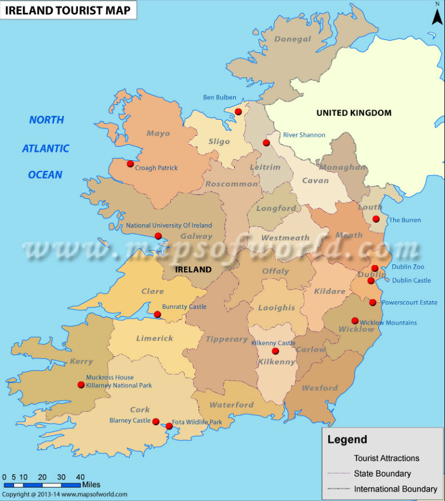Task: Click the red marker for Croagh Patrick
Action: click(130, 164)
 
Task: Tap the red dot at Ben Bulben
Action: click(238, 112)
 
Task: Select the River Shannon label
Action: click(304, 135)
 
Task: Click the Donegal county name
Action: click(293, 39)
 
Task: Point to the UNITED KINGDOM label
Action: click(354, 113)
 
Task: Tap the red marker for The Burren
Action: click(376, 219)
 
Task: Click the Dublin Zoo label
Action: click(408, 267)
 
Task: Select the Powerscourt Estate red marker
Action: click(373, 302)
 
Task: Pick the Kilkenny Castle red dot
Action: click(275, 351)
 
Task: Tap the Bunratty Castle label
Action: click(184, 307)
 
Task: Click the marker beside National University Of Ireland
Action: click(158, 236)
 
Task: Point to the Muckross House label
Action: click(110, 377)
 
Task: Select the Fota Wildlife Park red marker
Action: click(169, 426)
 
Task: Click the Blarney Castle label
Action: click(130, 421)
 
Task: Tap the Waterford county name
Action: click(231, 405)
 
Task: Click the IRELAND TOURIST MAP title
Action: click(68, 9)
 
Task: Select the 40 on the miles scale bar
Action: click(80, 477)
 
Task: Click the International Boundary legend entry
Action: click(395, 489)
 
